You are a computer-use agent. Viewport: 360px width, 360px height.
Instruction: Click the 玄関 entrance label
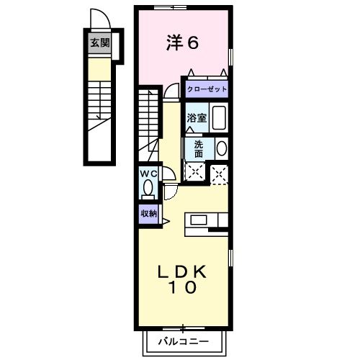pyautogui.click(x=99, y=43)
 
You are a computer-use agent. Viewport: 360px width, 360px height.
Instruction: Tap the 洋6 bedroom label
pyautogui.click(x=182, y=43)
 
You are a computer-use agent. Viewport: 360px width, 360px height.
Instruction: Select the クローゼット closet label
pyautogui.click(x=207, y=89)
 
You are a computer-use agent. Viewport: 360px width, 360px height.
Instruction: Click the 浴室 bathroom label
pyautogui.click(x=197, y=118)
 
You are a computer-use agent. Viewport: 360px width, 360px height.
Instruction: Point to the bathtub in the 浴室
pyautogui.click(x=219, y=117)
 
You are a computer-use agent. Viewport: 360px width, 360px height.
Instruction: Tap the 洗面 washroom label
pyautogui.click(x=199, y=149)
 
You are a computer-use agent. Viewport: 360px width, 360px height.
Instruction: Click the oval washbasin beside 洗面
pyautogui.click(x=222, y=148)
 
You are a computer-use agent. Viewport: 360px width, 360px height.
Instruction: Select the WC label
pyautogui.click(x=149, y=174)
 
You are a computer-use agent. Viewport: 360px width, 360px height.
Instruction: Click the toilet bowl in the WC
pyautogui.click(x=148, y=187)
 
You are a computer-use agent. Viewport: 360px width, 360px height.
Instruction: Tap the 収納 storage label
pyautogui.click(x=149, y=214)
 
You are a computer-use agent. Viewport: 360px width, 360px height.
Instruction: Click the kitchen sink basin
pyautogui.click(x=199, y=220)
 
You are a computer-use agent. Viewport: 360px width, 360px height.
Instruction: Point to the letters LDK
pyautogui.click(x=181, y=272)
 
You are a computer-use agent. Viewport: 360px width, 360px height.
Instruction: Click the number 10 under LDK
pyautogui.click(x=183, y=287)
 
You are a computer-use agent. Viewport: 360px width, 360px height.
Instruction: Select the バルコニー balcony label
pyautogui.click(x=184, y=341)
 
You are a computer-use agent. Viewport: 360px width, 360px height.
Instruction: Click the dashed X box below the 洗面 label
pyautogui.click(x=195, y=171)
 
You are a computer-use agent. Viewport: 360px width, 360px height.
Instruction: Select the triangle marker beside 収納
pyautogui.click(x=166, y=221)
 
